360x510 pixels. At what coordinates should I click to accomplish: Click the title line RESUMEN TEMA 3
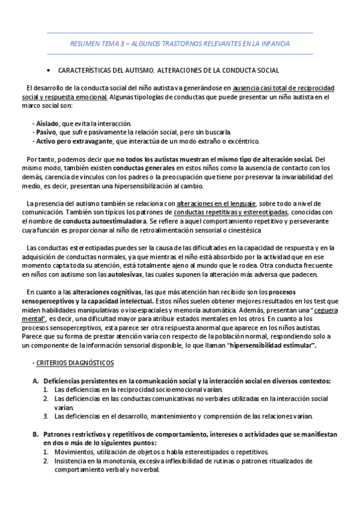180,45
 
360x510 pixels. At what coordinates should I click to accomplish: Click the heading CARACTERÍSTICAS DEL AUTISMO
168,70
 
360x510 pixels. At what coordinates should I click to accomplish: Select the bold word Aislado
47,123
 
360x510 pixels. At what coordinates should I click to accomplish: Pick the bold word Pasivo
46,132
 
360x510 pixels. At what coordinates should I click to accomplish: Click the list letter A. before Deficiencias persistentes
35,381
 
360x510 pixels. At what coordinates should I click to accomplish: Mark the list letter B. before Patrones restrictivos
35,434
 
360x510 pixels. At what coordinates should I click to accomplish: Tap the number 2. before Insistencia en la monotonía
46,461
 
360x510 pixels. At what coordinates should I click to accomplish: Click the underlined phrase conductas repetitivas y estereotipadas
231,212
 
